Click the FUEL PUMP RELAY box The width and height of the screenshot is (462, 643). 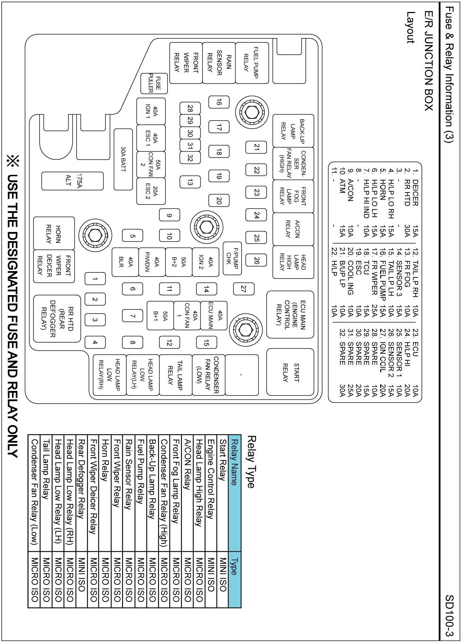252,63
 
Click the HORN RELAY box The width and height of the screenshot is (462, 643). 54,234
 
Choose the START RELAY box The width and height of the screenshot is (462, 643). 290,372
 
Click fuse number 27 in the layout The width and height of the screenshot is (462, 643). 243,289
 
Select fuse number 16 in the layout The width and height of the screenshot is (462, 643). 219,102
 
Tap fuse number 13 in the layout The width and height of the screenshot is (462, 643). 190,182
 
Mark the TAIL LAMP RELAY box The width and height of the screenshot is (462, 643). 175,375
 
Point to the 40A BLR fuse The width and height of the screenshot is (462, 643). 126,261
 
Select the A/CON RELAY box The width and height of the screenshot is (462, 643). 293,229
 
